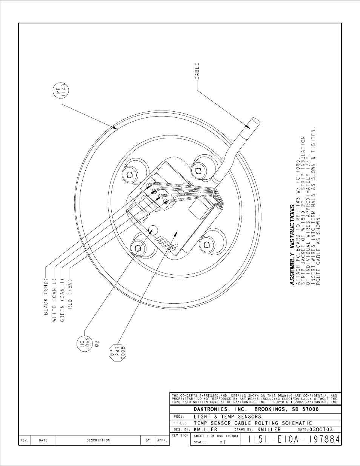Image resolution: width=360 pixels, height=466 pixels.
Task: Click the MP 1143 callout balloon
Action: coord(61,90)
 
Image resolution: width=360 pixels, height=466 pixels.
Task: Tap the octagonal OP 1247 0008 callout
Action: coord(117,353)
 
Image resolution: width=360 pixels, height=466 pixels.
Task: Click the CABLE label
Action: coord(197,71)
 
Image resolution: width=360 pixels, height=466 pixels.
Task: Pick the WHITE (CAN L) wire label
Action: coord(54,300)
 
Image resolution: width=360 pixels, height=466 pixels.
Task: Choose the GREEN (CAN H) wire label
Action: coord(62,300)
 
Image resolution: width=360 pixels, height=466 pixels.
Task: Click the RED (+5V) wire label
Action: coord(70,293)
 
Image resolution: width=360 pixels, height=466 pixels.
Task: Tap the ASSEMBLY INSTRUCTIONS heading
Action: coord(292,244)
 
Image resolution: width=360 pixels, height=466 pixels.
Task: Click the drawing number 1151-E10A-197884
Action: coord(294,440)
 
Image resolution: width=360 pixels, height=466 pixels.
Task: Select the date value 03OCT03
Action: coord(321,429)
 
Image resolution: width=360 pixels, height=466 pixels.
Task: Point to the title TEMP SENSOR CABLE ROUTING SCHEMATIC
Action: coord(253,423)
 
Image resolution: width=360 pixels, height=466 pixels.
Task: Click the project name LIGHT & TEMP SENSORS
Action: coord(228,417)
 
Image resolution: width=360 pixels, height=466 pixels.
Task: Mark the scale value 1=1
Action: coord(221,442)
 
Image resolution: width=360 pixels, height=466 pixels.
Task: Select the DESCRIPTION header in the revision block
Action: coord(98,440)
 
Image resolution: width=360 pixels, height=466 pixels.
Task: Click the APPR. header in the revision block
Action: coord(162,440)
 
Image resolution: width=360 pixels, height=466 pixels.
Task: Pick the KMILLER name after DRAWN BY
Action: coord(269,429)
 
